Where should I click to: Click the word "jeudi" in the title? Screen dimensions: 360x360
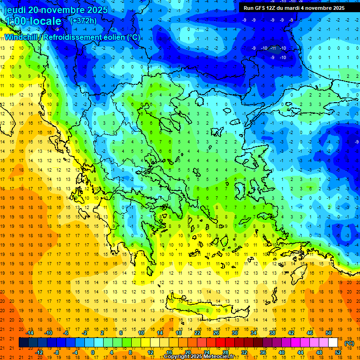pos(15,10)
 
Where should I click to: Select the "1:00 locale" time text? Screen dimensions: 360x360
pos(33,21)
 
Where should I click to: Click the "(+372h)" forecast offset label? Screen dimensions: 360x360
pos(83,21)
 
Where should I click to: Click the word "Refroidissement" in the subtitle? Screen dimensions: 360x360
pos(75,37)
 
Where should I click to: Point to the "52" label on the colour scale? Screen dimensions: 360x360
pos(338,352)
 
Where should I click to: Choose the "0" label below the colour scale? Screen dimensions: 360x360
pos(93,352)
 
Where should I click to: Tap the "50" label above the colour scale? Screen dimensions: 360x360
pos(328,332)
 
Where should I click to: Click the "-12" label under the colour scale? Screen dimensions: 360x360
pos(39,352)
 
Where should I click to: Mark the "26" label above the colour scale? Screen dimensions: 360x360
pos(216,332)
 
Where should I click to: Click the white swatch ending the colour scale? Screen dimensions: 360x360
pos(333,343)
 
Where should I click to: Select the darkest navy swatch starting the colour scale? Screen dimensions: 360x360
pos(23,343)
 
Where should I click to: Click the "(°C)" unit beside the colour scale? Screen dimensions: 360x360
pos(349,343)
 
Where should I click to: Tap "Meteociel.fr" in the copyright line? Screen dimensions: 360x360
pos(220,357)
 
